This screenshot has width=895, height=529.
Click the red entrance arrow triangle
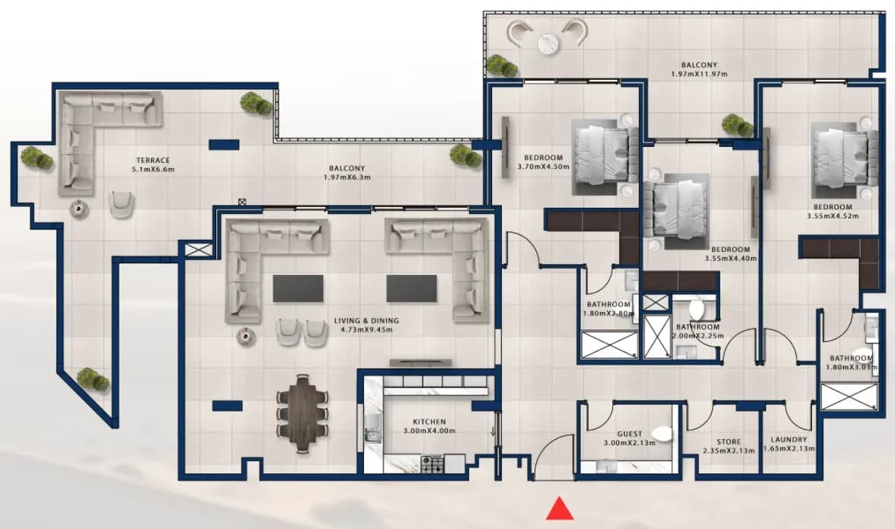click(560, 509)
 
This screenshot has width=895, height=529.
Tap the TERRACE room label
click(153, 161)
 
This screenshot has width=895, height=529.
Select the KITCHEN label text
click(430, 422)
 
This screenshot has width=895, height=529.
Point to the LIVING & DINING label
click(366, 320)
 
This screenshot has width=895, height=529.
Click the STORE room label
click(729, 441)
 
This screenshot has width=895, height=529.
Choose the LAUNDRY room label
click(789, 440)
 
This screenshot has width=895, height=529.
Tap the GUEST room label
click(630, 434)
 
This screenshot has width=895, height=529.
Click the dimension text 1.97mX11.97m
click(699, 74)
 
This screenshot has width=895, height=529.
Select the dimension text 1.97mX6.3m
click(347, 177)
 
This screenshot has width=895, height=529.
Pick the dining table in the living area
click(302, 414)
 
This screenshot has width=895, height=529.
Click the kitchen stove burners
click(432, 464)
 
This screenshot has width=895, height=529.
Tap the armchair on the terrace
click(122, 204)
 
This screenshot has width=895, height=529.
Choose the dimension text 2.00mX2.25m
click(698, 336)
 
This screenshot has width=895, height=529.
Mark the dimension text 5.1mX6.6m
click(153, 170)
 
